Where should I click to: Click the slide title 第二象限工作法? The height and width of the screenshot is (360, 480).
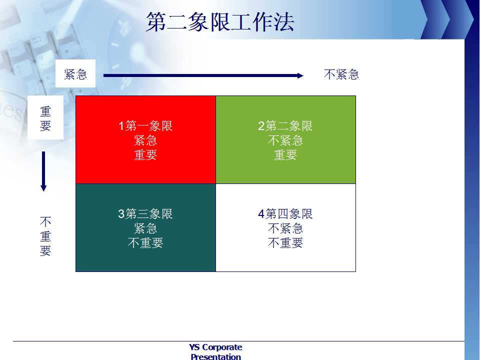pos(220,22)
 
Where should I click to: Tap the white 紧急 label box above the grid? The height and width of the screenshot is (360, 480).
pos(75,73)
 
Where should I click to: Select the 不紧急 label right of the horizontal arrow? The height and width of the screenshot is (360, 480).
pos(341,74)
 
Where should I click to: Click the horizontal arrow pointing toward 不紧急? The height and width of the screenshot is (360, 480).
pos(203,75)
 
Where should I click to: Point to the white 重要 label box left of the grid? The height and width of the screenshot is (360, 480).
pos(45,117)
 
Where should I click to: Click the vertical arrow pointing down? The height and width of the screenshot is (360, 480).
pos(43,171)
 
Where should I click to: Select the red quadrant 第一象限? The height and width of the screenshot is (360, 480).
pos(145,139)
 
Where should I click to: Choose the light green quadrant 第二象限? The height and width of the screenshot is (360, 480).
pos(285,139)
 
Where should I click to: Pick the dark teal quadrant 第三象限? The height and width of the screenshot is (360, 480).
pos(145,227)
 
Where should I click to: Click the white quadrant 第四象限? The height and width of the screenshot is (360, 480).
pos(285,227)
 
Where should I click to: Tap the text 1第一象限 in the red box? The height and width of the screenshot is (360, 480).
pos(145,126)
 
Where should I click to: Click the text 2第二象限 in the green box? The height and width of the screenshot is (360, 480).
pos(285,126)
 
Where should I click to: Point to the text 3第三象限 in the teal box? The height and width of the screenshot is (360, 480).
pos(145,213)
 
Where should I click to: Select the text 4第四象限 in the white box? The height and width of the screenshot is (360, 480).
pos(285,213)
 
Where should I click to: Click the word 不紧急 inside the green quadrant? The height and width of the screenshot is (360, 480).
pos(285,140)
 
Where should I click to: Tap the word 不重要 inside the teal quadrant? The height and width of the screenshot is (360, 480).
pos(145,243)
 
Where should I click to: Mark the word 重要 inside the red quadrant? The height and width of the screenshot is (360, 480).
pos(145,155)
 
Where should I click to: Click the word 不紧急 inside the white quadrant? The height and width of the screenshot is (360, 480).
pos(285,228)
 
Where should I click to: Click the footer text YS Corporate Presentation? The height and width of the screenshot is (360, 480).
pos(216,351)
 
